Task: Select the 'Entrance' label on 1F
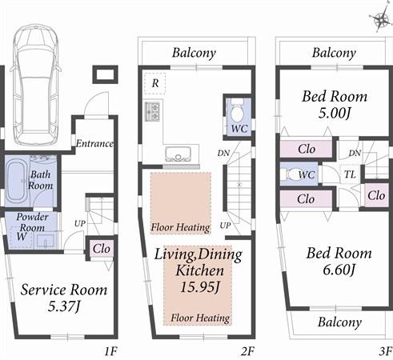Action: tap(94, 144)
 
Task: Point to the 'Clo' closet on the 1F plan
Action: tap(100, 249)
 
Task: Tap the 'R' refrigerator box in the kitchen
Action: tap(154, 82)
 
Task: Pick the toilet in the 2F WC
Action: tap(238, 110)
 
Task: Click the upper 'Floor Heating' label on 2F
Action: tap(180, 226)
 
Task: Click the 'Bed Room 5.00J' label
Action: tap(334, 105)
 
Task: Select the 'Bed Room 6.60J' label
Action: tap(339, 261)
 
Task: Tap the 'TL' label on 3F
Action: tap(351, 174)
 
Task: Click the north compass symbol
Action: tap(377, 19)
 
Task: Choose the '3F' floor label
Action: tap(384, 350)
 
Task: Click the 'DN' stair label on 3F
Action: tap(355, 152)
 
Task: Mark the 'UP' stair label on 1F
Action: tap(79, 222)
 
